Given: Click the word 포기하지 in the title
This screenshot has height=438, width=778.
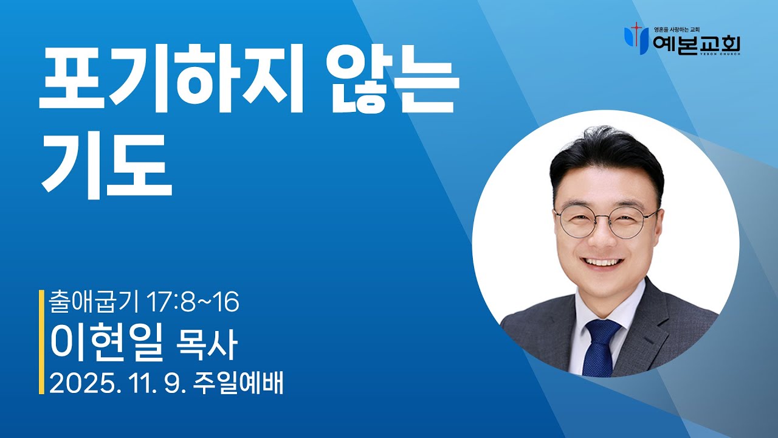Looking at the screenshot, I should click(x=171, y=82).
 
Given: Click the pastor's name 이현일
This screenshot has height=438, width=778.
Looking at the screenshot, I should click(x=107, y=343).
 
